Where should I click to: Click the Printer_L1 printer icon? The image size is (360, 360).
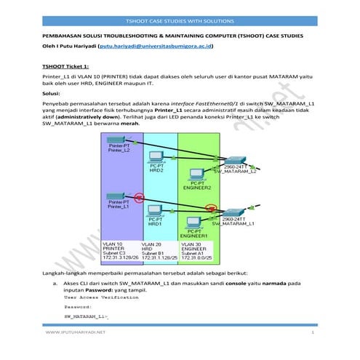pos(113,196)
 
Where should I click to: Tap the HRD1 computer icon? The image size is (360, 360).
pos(154,212)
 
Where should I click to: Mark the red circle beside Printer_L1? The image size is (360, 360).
pos(140,196)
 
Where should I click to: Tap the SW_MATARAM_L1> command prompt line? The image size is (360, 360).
pos(79,318)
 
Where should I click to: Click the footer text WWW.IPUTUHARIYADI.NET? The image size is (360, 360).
pos(76,332)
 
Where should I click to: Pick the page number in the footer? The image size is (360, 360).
pos(311,332)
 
